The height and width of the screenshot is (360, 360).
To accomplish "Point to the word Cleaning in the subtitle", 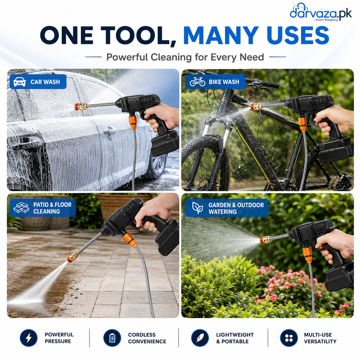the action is click(x=171, y=57).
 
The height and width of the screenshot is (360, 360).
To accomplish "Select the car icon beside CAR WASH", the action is click(x=20, y=82).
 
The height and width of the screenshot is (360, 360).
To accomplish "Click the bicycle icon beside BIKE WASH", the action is click(x=197, y=82).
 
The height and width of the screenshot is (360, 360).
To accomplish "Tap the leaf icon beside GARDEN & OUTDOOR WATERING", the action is click(x=198, y=208).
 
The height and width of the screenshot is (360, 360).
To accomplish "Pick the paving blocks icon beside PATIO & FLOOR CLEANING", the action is click(x=21, y=208).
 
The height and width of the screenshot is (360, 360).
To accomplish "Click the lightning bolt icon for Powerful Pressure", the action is click(x=29, y=338).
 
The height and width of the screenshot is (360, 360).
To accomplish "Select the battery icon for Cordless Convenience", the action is click(x=112, y=338).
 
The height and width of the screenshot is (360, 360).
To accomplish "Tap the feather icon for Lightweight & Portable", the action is click(x=200, y=338).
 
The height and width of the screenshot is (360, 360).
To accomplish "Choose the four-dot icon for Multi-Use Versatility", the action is click(x=289, y=338).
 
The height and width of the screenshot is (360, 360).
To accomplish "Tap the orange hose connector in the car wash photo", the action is click(x=133, y=123).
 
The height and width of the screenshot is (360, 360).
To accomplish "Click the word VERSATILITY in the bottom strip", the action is click(x=320, y=341).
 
